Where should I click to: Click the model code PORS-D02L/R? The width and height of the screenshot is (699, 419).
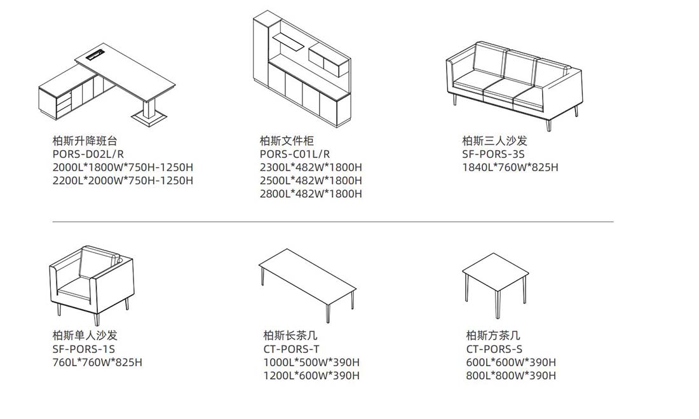88,154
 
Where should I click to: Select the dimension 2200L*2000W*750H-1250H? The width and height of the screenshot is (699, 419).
123,181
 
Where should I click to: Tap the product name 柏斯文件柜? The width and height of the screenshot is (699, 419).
287,141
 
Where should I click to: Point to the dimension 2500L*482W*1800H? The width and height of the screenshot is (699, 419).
311,181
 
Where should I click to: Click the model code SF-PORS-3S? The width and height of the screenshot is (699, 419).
494,154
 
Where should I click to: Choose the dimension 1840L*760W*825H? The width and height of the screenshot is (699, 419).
510,167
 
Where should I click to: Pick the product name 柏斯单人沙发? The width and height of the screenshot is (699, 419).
85,335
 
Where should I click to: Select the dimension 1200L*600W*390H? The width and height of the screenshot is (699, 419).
311,376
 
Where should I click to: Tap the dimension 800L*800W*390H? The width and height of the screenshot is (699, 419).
511,376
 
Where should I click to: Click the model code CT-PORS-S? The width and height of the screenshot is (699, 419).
494,348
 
